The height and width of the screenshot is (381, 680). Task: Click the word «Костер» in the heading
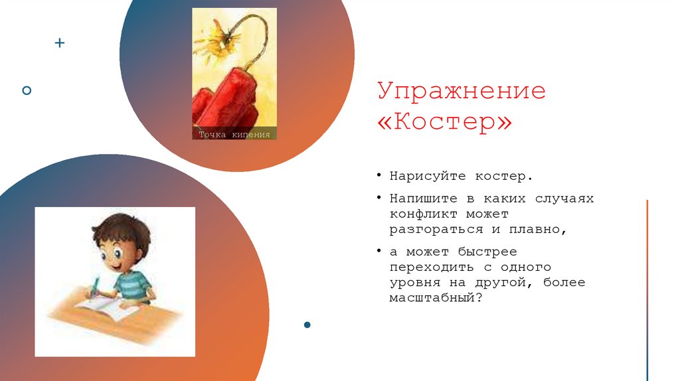coord(445,124)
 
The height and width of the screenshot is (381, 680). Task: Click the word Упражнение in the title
coord(462,92)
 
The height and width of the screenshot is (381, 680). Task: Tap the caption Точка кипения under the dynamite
coord(234,135)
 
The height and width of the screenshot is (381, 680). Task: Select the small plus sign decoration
coord(60,43)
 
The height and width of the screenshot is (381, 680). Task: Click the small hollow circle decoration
coord(27,90)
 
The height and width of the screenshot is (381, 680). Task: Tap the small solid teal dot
coord(307,325)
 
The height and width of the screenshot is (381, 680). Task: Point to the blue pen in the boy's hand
coord(96,286)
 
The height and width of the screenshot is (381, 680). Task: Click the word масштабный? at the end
coord(435,298)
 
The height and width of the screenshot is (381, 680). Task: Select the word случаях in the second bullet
coord(564,198)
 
